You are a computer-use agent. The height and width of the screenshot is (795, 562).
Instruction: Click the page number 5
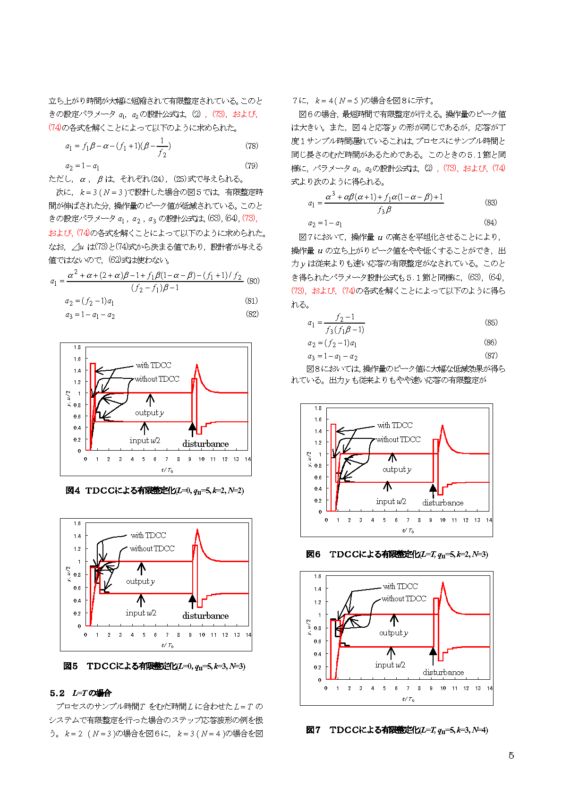(x=511, y=755)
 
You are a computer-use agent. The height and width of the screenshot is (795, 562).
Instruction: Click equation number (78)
(x=252, y=146)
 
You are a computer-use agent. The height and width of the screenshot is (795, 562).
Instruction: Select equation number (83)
(x=491, y=203)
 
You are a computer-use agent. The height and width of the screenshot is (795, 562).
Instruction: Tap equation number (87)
(x=491, y=356)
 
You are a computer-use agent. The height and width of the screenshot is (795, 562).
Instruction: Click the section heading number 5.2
(x=57, y=693)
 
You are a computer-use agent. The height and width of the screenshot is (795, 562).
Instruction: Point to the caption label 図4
(x=73, y=490)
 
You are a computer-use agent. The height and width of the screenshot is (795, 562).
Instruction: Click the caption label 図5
(x=70, y=666)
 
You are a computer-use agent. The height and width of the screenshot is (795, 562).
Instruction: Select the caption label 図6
(x=313, y=554)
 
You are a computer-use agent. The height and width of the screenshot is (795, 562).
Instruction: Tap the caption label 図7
(x=313, y=730)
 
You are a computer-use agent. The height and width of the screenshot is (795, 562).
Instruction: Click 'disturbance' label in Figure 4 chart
(x=205, y=444)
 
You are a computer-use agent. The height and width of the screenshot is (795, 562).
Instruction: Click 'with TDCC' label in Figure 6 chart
(x=395, y=425)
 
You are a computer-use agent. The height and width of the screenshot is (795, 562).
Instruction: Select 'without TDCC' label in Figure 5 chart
(x=152, y=548)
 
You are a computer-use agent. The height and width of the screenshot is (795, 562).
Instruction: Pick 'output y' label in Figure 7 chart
(x=393, y=633)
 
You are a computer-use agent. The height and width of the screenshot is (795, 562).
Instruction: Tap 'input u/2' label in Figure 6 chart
(x=391, y=502)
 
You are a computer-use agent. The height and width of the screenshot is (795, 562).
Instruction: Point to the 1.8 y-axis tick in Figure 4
(x=77, y=347)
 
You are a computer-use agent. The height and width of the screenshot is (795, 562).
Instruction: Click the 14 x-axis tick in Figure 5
(x=248, y=635)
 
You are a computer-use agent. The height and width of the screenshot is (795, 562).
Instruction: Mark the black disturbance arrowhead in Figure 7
(x=433, y=651)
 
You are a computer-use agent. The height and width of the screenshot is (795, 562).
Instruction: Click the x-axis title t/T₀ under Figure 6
(x=408, y=531)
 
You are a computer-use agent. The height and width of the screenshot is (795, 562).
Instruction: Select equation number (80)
(x=253, y=281)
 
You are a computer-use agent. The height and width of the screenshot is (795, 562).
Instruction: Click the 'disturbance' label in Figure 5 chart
(x=205, y=616)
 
